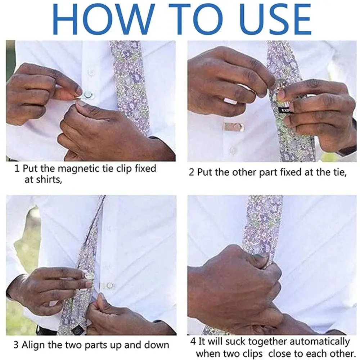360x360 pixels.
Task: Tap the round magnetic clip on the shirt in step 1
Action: click(87, 95)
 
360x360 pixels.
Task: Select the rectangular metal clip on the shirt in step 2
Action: click(233, 127)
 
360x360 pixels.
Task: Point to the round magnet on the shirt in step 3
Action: click(109, 285)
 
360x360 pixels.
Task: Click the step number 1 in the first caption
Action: click(17, 168)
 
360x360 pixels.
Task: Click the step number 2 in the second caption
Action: click(192, 172)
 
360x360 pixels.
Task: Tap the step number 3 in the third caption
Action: click(16, 345)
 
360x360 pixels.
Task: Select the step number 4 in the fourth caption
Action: click(193, 341)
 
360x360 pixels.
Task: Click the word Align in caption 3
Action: click(33, 345)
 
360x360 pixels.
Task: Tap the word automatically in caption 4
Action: click(318, 341)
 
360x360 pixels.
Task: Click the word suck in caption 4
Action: click(224, 341)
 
